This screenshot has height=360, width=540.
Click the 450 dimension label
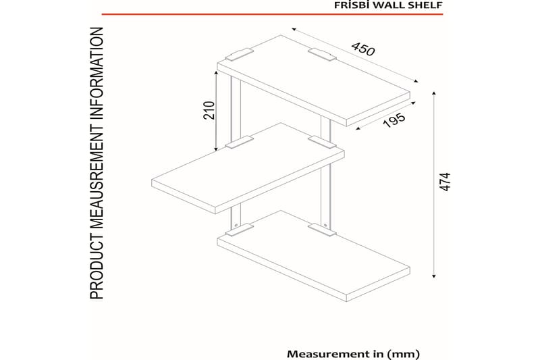pos(363,49)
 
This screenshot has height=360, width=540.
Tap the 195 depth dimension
pos(394,120)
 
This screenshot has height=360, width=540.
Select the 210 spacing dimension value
pos(209,110)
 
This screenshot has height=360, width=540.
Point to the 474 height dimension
pos(445,182)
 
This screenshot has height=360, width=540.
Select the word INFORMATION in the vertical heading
pos(97,74)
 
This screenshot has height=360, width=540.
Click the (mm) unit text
pos(403,354)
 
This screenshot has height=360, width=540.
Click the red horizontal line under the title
pos(272,14)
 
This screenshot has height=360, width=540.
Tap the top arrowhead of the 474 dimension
pos(434,93)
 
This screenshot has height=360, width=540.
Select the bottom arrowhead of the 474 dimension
pos(434,276)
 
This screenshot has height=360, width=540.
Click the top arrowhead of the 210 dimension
pos(216,73)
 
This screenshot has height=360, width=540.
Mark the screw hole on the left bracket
pos(236,226)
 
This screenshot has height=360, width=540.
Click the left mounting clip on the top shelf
pos(239,55)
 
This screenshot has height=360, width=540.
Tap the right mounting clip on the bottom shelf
pos(322,230)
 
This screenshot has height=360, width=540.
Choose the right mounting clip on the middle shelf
pos(322,142)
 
